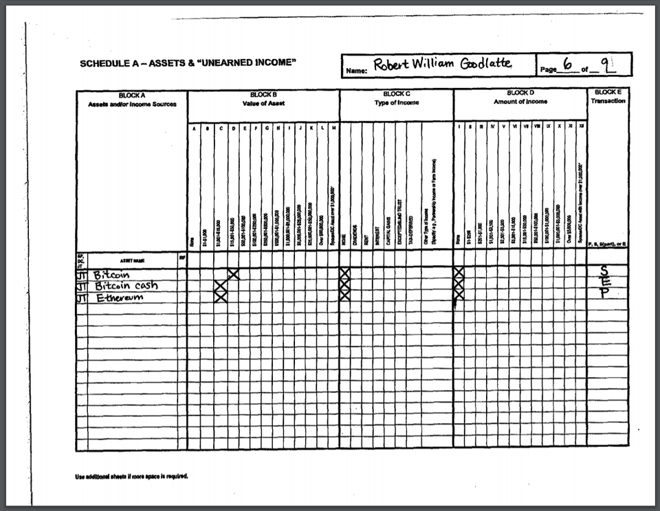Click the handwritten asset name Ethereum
(118, 297)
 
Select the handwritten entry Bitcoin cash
(126, 286)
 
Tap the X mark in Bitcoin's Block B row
(233, 274)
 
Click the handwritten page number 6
(567, 65)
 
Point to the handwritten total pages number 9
(605, 65)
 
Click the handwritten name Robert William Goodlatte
(442, 64)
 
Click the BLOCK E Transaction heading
(608, 96)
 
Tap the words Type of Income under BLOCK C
(395, 102)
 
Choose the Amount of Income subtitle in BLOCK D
(520, 102)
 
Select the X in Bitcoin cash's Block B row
(221, 285)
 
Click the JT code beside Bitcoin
(82, 274)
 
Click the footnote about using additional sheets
(131, 476)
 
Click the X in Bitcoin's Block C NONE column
(345, 274)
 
